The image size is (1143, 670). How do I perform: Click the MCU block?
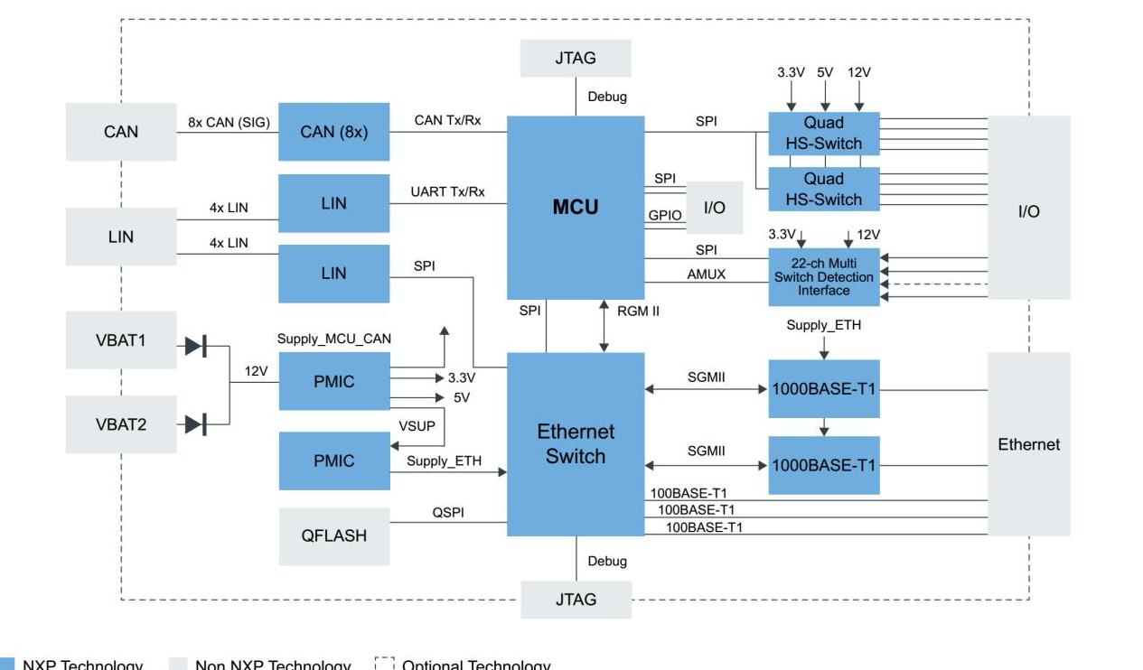coord(576,208)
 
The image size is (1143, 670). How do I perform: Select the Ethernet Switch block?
coord(576,443)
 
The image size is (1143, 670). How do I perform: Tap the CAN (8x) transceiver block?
coord(333,132)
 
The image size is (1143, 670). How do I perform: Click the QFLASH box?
coord(333,535)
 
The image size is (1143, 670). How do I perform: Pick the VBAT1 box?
coord(121,340)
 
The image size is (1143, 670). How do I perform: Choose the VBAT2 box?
coord(121,423)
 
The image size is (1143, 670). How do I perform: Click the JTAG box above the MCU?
coord(576,58)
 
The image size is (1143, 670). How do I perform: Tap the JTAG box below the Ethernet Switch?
coord(576,600)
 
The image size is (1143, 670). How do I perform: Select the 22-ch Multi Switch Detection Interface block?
coord(823,277)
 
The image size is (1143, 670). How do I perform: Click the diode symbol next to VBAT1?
coord(195,345)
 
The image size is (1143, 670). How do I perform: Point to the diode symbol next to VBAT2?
coord(195,423)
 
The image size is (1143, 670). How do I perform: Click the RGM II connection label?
coord(638,311)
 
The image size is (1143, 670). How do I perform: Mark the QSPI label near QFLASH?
coord(448,512)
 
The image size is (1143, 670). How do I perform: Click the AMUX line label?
coord(706,274)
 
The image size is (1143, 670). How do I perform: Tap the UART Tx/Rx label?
coord(447,191)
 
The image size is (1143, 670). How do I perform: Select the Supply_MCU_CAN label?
coord(334,339)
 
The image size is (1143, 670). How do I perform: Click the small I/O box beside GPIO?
coord(714,208)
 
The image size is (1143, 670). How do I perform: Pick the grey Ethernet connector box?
coord(1028,443)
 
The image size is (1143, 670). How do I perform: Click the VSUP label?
coord(417,426)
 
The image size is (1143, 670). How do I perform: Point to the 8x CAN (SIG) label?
coord(229,122)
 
